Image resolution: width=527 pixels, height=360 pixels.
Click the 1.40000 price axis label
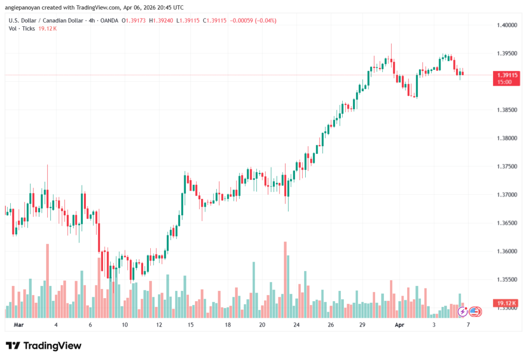coord(507,25)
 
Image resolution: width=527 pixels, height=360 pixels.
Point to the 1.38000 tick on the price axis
coord(507,138)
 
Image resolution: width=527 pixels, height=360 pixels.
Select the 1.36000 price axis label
coord(507,251)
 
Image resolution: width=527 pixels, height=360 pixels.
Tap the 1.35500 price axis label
coord(507,280)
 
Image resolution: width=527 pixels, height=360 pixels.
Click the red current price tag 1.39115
coord(507,75)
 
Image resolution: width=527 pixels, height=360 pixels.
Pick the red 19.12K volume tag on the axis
coord(507,304)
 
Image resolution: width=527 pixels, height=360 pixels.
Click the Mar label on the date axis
coord(19,325)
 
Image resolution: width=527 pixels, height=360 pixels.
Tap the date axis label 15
coord(190,325)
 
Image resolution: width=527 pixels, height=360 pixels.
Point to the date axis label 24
coord(296,325)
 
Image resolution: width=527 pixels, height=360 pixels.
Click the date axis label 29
coord(362,325)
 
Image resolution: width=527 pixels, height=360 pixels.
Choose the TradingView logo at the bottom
coord(43,346)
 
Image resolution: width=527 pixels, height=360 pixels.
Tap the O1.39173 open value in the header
coord(136,21)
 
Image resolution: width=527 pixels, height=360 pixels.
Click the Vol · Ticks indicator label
coord(22,28)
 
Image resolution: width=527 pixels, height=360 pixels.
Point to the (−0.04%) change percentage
coord(266,21)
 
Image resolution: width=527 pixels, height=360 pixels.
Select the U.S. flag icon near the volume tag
coord(474,312)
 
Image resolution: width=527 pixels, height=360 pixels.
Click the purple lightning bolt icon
coord(463,312)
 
